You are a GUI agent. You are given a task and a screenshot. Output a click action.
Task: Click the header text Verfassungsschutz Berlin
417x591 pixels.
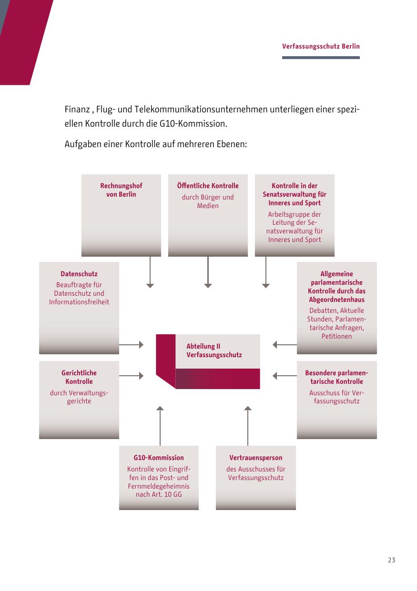[321, 47]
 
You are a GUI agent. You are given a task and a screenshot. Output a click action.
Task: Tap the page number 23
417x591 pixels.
[391, 560]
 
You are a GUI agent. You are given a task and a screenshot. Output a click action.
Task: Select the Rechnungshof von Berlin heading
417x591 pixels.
[121, 190]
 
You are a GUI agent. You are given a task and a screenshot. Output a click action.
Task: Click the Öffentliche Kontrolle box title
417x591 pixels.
[208, 186]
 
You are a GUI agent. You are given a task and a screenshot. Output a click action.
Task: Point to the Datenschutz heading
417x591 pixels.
[79, 274]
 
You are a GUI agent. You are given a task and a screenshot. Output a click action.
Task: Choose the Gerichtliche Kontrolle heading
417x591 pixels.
[79, 377]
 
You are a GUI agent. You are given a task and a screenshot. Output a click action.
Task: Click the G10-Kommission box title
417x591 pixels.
[158, 458]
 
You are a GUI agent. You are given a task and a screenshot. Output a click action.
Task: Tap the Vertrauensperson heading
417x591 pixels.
[255, 458]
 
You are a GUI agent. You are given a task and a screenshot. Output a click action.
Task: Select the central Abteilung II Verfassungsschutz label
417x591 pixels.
[214, 351]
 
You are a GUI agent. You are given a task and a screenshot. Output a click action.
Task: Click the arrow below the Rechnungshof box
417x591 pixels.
[150, 272]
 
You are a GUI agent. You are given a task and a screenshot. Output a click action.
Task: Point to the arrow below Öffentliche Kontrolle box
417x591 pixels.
[208, 272]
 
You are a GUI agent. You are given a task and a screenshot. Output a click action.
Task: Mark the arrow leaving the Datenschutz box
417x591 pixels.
[131, 345]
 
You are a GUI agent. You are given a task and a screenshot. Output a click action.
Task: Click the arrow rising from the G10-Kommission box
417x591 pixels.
[160, 426]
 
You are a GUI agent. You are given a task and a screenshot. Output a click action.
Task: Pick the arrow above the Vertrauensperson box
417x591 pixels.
[248, 426]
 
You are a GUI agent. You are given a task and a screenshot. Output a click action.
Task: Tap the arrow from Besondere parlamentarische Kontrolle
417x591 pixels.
[285, 376]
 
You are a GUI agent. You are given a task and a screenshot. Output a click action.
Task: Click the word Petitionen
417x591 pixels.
[336, 336]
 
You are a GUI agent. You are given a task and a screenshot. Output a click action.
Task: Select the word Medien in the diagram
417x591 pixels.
[208, 206]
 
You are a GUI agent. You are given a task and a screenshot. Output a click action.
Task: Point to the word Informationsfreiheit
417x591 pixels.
[79, 302]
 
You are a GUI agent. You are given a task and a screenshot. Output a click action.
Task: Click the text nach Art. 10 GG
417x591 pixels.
[158, 494]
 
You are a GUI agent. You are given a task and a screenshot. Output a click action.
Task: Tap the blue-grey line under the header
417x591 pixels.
[321, 58]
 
